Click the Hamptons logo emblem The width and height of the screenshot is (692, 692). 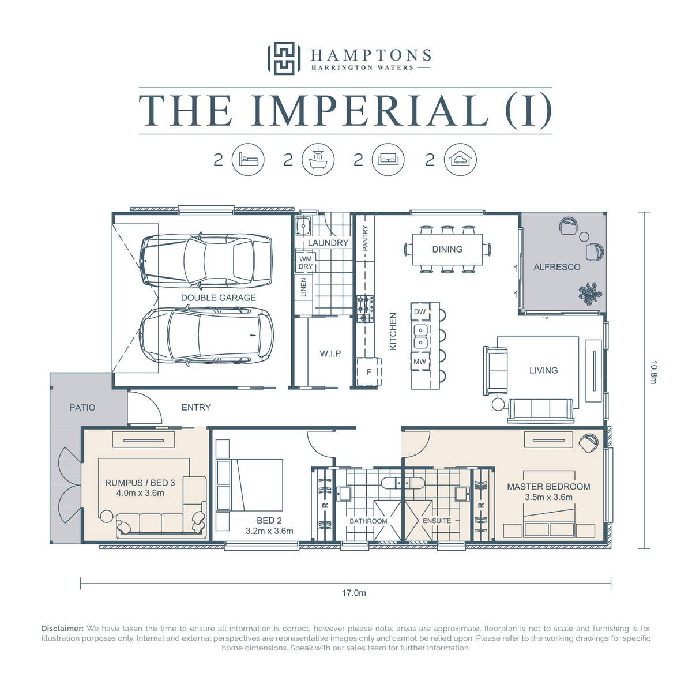point(284,58)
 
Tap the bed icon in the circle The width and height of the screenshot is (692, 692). point(248,159)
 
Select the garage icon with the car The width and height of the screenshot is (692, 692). point(460,159)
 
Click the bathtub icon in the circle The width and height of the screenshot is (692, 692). point(318,159)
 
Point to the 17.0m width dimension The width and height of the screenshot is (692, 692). point(353,593)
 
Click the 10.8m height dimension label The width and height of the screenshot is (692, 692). point(653,373)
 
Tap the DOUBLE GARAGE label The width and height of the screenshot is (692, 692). point(219,298)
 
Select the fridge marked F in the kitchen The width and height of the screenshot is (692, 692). point(369,372)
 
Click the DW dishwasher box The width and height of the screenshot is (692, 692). point(419,312)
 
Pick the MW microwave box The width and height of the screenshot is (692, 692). point(419,362)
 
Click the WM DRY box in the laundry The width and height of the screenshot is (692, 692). point(305,262)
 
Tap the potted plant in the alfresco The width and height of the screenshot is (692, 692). point(590,294)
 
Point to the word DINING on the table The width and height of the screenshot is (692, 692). point(447,249)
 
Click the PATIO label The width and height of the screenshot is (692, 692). point(82,408)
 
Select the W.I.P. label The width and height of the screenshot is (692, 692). point(330,353)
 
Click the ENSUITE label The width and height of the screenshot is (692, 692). point(437,521)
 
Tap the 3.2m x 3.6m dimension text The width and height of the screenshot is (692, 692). point(269,531)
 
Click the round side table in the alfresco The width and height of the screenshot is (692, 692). point(584,236)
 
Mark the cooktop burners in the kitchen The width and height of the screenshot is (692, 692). point(365,309)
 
